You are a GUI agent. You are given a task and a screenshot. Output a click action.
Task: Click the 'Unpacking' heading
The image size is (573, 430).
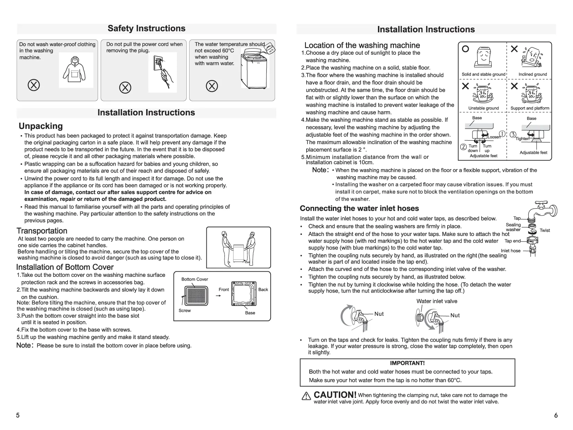click(x=41, y=126)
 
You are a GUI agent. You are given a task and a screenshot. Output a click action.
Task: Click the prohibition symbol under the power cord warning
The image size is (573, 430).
click(x=125, y=87)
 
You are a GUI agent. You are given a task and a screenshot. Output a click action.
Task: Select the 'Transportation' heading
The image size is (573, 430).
click(x=42, y=231)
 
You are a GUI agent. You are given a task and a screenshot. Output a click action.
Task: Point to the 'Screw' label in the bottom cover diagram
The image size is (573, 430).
click(x=185, y=310)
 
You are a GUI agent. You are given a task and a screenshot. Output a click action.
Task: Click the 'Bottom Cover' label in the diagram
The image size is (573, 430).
click(x=195, y=279)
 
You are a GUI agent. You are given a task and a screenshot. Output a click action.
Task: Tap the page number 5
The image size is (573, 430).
click(x=18, y=415)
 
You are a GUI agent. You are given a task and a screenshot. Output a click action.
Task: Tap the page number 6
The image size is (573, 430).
click(x=556, y=415)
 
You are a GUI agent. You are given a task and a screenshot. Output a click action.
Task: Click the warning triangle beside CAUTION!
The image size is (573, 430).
click(x=306, y=396)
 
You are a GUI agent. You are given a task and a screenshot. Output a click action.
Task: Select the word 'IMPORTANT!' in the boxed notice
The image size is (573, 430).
click(x=407, y=363)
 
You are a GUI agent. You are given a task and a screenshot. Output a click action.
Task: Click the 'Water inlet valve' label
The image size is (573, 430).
click(x=437, y=301)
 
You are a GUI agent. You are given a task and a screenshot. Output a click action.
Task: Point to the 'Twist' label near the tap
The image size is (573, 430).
click(x=545, y=230)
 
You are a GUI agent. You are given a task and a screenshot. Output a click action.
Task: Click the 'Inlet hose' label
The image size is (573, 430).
click(x=510, y=251)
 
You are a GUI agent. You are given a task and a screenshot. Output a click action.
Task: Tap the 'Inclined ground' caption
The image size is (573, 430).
click(x=532, y=74)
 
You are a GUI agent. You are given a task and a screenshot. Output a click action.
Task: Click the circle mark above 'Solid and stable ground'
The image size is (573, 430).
click(x=466, y=49)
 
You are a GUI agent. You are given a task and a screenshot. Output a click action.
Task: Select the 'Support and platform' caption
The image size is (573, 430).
click(x=530, y=108)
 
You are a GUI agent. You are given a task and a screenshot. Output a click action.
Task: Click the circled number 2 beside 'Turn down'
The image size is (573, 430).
click(x=463, y=147)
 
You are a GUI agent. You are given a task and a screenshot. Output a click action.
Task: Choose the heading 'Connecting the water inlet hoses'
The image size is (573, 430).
click(x=359, y=208)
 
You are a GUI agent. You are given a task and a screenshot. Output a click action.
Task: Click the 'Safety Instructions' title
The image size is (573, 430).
click(x=147, y=28)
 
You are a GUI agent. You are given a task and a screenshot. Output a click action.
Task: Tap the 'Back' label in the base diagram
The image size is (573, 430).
click(x=263, y=290)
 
